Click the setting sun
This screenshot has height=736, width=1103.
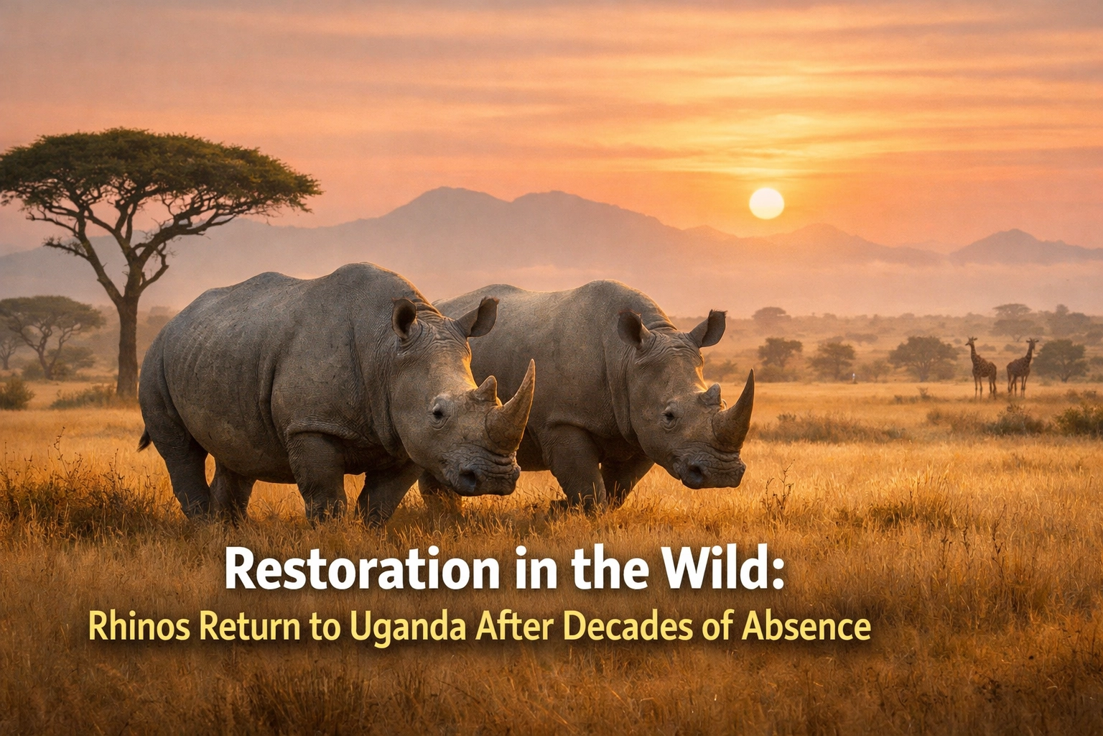766,203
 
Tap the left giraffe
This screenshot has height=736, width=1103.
982,366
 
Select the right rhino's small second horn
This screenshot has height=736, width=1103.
711,395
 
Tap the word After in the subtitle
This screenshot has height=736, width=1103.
513,627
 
